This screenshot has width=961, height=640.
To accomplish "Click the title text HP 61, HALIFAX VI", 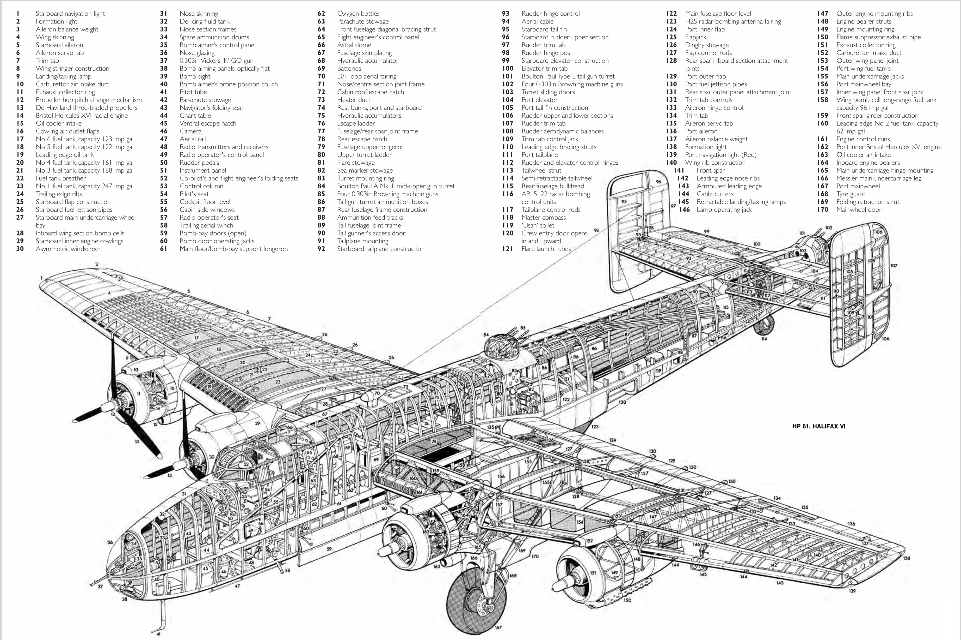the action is (819, 426).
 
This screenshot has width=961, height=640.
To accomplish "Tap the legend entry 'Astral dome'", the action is (354, 45).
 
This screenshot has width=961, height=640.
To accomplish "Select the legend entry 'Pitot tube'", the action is (193, 92).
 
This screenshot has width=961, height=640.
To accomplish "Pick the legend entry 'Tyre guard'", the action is (851, 194).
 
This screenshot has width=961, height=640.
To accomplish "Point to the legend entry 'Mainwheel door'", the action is (859, 210).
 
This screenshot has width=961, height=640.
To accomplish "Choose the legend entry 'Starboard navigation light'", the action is (70, 13).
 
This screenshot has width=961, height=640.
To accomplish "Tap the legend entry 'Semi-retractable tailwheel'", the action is (556, 178).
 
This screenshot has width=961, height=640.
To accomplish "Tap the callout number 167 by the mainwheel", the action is (498, 627).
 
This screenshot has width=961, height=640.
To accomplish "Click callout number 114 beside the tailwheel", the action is (764, 338).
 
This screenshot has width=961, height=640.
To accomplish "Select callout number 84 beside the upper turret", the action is (486, 335).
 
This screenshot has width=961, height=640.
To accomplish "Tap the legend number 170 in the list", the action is (822, 210).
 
